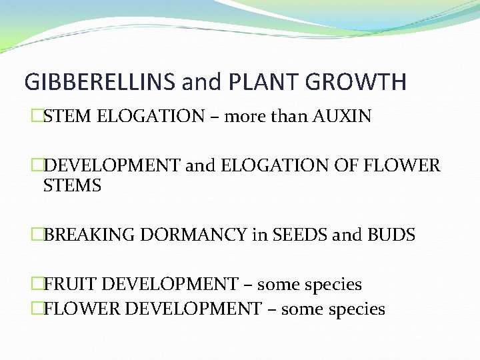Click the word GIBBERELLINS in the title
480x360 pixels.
pyautogui.click(x=99, y=82)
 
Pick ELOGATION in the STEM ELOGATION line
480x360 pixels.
pyautogui.click(x=151, y=117)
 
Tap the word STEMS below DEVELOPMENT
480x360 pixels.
pyautogui.click(x=72, y=186)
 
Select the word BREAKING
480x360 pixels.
pyautogui.click(x=83, y=235)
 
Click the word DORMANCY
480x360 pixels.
pyautogui.click(x=185, y=235)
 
